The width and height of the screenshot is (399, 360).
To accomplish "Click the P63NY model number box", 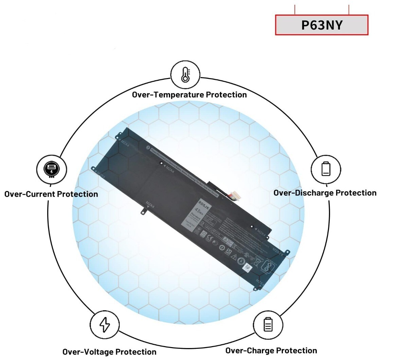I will pyautogui.click(x=322, y=25).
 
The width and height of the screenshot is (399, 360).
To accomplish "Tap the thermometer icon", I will pyautogui.click(x=185, y=74).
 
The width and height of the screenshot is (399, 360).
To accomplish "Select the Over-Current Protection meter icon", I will pyautogui.click(x=51, y=169).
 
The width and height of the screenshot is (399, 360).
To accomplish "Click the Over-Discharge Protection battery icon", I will pyautogui.click(x=326, y=169).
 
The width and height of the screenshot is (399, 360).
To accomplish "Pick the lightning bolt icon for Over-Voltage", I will pyautogui.click(x=105, y=325).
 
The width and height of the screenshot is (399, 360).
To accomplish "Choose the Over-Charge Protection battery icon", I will pyautogui.click(x=268, y=325).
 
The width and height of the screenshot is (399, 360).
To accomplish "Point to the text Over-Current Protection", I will pyautogui.click(x=51, y=194).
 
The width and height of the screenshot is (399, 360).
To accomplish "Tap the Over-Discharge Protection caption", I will pyautogui.click(x=325, y=193).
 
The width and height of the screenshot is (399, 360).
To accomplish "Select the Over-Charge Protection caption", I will pyautogui.click(x=271, y=350).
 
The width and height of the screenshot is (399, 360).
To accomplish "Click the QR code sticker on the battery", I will pyautogui.click(x=248, y=268).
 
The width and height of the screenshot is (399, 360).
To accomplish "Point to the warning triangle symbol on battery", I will pyautogui.click(x=234, y=257).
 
